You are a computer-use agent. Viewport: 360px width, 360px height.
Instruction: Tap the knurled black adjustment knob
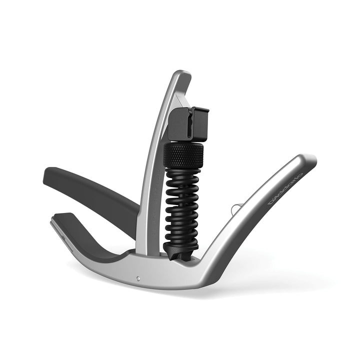point(184,155)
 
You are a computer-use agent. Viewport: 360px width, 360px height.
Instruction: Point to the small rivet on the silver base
point(138,276)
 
